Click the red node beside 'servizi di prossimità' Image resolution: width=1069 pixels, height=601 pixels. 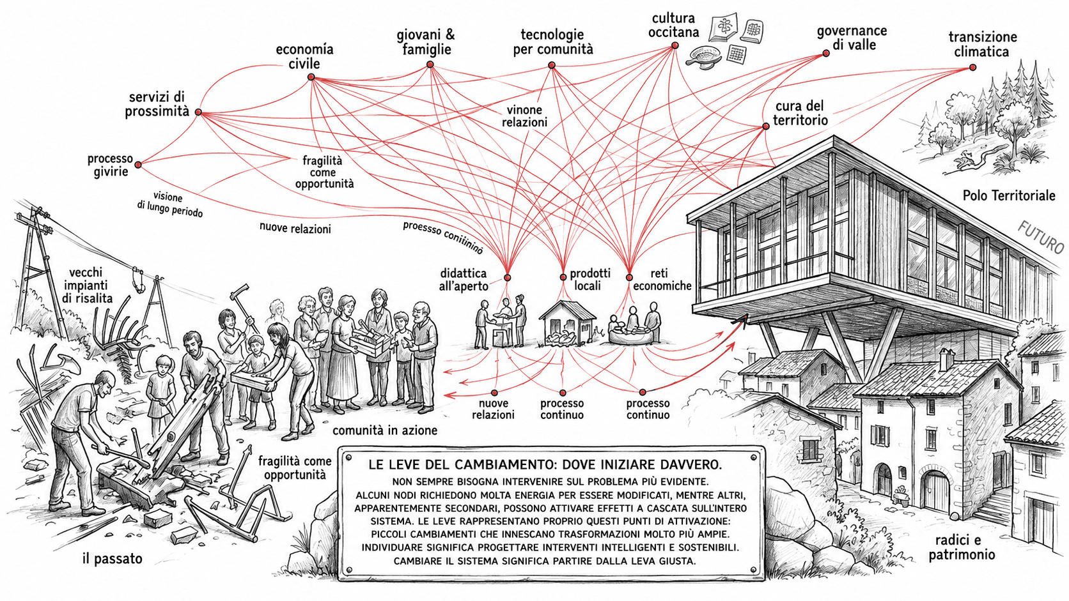click(x=199, y=112)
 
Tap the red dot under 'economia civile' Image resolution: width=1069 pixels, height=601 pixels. click(x=311, y=77)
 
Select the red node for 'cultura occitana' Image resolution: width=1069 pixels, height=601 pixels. click(x=675, y=46)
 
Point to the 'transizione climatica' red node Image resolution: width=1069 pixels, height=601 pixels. click(x=972, y=68)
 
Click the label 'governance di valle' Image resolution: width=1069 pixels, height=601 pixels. click(x=852, y=38)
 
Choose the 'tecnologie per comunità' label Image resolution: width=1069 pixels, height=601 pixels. click(x=552, y=42)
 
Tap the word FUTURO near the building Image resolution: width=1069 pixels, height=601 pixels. click(x=1040, y=236)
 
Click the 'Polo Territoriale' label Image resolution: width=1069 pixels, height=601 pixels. click(x=1009, y=195)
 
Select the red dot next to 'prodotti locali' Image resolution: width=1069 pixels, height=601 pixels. click(x=563, y=277)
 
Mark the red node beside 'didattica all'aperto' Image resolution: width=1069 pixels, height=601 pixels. click(x=507, y=277)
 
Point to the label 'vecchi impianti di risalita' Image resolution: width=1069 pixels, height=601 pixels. click(x=87, y=285)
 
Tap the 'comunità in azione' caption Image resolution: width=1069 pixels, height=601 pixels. click(x=385, y=430)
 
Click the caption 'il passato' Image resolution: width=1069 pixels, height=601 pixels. click(x=112, y=559)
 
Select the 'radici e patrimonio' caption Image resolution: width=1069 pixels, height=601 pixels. click(x=962, y=547)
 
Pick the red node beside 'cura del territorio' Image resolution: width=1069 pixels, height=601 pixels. click(x=766, y=126)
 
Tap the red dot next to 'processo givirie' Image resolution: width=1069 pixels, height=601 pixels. click(x=138, y=165)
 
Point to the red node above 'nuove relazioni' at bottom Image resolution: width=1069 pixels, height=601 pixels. click(x=494, y=393)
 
